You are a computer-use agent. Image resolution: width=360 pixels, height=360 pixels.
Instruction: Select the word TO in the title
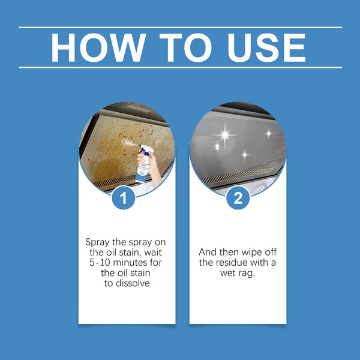[x=180, y=47]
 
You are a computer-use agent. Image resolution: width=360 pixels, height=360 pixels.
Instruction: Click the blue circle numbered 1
[x=124, y=199]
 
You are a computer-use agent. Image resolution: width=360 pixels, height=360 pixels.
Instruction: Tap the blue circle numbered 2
[x=238, y=199]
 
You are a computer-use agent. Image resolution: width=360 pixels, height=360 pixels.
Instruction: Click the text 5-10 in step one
[x=98, y=262]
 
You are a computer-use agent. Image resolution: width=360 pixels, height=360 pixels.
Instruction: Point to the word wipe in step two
[x=247, y=252]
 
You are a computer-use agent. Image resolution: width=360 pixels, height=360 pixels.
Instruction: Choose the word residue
[x=236, y=262]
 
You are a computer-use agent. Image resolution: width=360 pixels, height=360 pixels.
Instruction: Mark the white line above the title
[x=180, y=27]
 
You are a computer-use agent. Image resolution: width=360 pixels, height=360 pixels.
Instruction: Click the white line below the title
[x=180, y=67]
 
